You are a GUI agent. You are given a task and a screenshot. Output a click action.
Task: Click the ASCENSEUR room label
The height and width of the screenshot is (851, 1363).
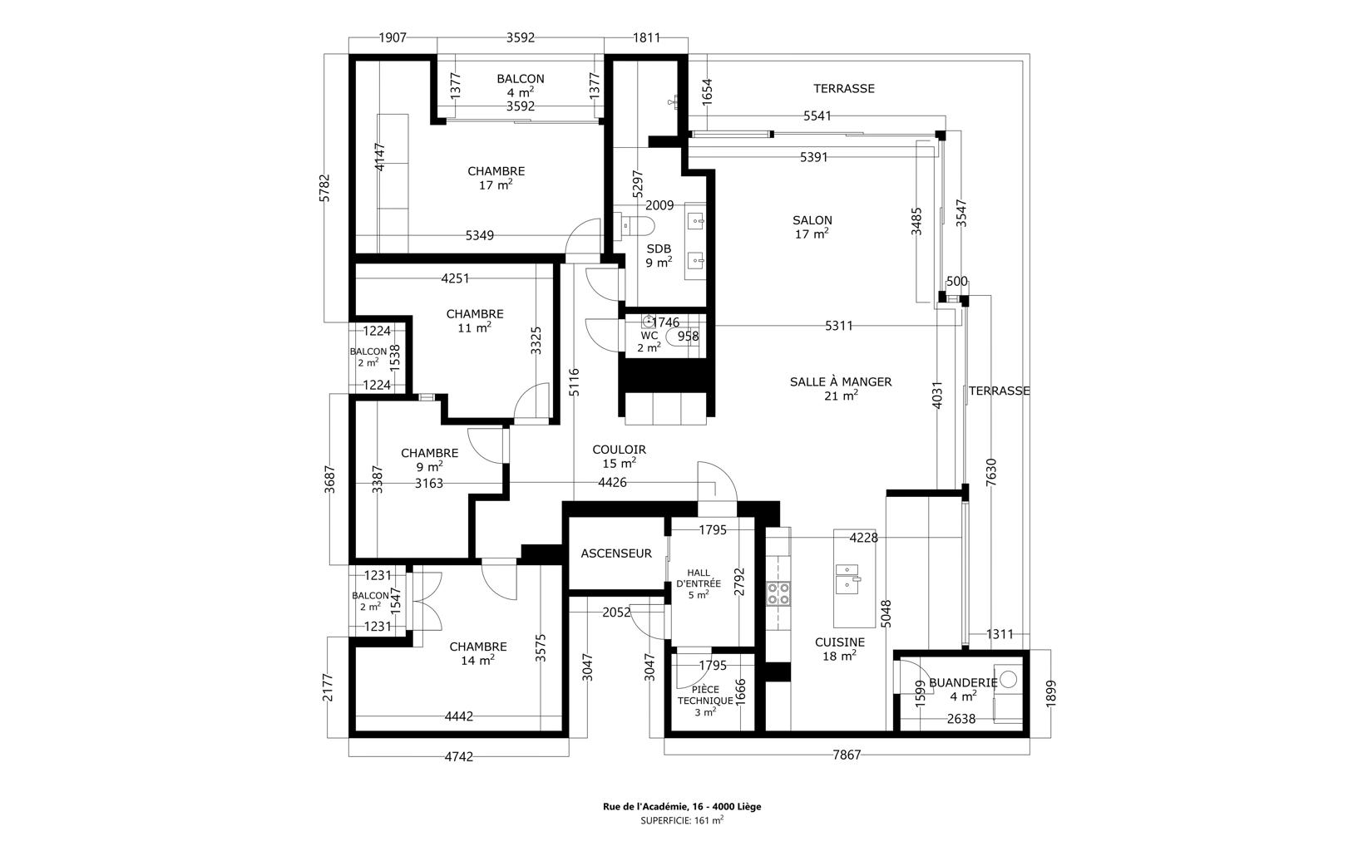pyautogui.click(x=615, y=553)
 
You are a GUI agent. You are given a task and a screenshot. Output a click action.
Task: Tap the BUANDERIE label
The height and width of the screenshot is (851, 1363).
pyautogui.click(x=963, y=682)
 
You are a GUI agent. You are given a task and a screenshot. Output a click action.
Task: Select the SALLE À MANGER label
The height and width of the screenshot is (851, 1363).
pyautogui.click(x=840, y=382)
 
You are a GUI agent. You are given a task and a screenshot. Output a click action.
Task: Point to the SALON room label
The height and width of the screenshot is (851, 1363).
pyautogui.click(x=812, y=220)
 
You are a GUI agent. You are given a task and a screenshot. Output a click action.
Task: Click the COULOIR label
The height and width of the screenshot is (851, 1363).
pyautogui.click(x=619, y=450)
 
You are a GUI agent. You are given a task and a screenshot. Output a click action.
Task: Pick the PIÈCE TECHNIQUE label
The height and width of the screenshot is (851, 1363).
pyautogui.click(x=705, y=696)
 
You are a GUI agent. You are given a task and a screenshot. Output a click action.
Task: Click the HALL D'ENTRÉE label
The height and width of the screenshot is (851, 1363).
pyautogui.click(x=699, y=578)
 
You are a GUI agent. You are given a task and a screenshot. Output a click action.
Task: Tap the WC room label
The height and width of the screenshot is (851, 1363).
pyautogui.click(x=649, y=336)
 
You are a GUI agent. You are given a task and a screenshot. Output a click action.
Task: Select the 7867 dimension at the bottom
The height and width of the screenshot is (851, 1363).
pyautogui.click(x=847, y=755)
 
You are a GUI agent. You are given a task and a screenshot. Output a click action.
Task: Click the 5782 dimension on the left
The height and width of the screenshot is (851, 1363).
pyautogui.click(x=324, y=188)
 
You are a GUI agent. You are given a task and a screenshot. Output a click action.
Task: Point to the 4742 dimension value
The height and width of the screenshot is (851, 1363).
pyautogui.click(x=458, y=757)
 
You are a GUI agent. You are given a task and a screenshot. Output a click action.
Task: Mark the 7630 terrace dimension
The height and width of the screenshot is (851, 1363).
pyautogui.click(x=990, y=472)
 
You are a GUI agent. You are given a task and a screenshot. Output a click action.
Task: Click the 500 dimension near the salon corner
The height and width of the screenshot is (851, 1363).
pyautogui.click(x=956, y=282)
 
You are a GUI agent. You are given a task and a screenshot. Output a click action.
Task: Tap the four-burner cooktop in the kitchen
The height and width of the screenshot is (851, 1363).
pyautogui.click(x=778, y=593)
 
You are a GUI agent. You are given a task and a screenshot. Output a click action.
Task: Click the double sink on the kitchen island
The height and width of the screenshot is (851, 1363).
pyautogui.click(x=847, y=578)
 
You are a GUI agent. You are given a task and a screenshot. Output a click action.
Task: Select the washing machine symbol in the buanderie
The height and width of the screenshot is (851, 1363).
pyautogui.click(x=1008, y=679)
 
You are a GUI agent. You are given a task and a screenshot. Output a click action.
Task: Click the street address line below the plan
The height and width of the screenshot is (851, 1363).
pyautogui.click(x=682, y=807)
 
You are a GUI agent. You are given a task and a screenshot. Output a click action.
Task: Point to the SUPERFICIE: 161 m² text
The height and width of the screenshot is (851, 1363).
pyautogui.click(x=682, y=820)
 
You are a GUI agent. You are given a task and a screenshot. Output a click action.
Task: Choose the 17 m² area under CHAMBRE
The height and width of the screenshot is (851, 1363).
pyautogui.click(x=496, y=184)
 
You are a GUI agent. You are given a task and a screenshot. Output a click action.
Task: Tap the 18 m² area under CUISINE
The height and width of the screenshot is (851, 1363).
pyautogui.click(x=840, y=656)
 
